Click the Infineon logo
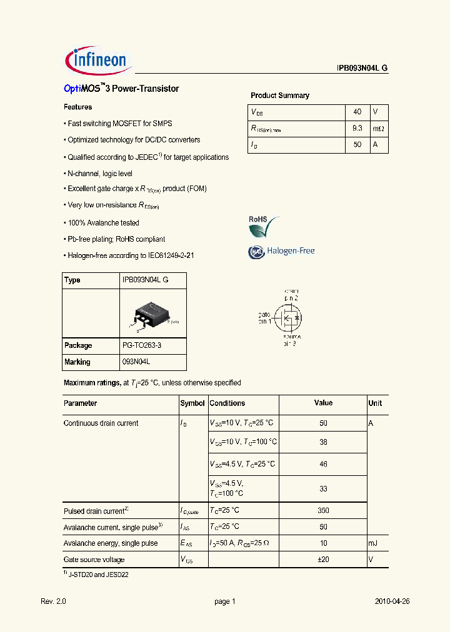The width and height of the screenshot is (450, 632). point(96,59)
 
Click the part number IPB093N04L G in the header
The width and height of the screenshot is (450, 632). point(358,69)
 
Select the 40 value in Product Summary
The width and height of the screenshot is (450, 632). point(357,112)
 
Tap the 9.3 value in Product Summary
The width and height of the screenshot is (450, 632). point(357,128)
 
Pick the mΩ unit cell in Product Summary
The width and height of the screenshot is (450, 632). point(379,128)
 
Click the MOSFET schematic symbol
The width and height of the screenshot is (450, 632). point(287,317)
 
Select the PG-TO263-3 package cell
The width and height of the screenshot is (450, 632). point(145,345)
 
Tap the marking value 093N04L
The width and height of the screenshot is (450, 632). point(136,362)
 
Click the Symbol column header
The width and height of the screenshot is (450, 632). point(192,403)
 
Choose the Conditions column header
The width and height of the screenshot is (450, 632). point(227,403)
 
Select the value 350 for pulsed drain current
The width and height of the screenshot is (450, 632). point(323,510)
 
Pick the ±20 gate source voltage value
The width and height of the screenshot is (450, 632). point(323,560)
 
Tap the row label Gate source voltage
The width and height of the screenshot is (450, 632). point(94,560)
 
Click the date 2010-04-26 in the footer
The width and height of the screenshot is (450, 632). point(392,601)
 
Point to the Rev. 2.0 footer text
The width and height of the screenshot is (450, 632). point(53,601)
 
